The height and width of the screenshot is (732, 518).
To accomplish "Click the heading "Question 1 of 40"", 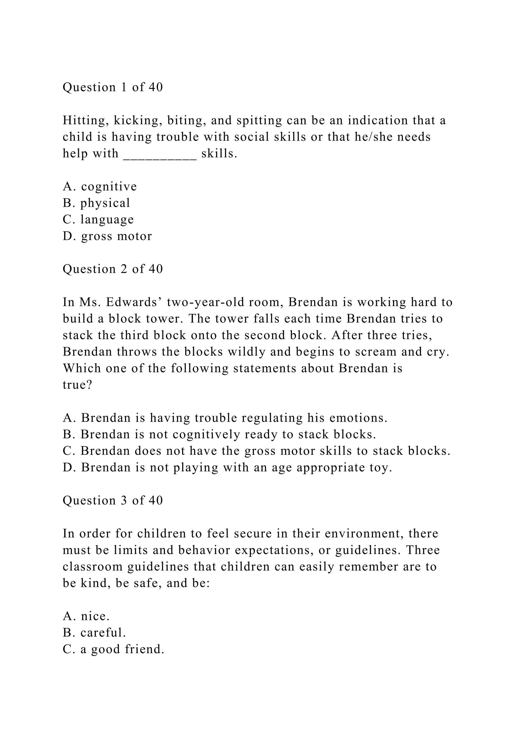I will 113,87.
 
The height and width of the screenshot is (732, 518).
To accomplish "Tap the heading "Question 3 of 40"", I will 113,500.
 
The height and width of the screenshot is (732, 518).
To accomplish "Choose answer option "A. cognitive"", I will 100,186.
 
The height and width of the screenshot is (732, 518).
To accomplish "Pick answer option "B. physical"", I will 96,203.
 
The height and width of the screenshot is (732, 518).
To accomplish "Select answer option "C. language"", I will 98,219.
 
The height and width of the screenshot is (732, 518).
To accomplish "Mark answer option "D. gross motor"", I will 107,236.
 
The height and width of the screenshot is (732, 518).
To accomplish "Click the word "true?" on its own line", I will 77,385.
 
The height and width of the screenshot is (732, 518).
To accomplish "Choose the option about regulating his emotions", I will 225,418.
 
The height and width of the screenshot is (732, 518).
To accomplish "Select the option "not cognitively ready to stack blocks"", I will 220,434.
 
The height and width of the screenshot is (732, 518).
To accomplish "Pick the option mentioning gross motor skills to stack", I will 256,451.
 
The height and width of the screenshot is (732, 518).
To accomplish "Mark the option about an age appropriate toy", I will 227,467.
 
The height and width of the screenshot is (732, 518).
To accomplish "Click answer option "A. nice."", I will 86,616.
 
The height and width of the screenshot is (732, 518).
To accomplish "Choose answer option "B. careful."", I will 94,632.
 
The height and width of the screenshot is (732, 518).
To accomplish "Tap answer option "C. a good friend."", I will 113,649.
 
